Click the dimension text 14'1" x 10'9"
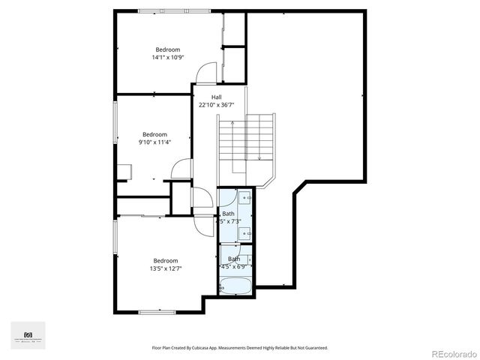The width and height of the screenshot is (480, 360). point(167,58)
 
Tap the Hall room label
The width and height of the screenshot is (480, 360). point(216,97)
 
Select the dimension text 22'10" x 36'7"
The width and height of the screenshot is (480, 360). point(216,105)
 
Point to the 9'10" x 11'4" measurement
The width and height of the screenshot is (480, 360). point(154,142)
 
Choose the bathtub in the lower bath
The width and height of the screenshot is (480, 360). point(236,286)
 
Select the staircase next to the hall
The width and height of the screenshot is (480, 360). point(247,139)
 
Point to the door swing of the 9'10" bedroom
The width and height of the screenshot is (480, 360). point(182,169)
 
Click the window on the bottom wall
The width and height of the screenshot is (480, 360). point(157,311)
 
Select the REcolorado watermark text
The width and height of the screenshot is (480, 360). point(452,352)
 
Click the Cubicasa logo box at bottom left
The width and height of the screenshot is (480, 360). point(28,335)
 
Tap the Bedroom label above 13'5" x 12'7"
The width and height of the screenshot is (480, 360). point(166,260)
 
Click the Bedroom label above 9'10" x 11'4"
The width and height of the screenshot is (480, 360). point(154,134)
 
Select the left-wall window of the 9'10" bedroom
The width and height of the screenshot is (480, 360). point(115,123)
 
